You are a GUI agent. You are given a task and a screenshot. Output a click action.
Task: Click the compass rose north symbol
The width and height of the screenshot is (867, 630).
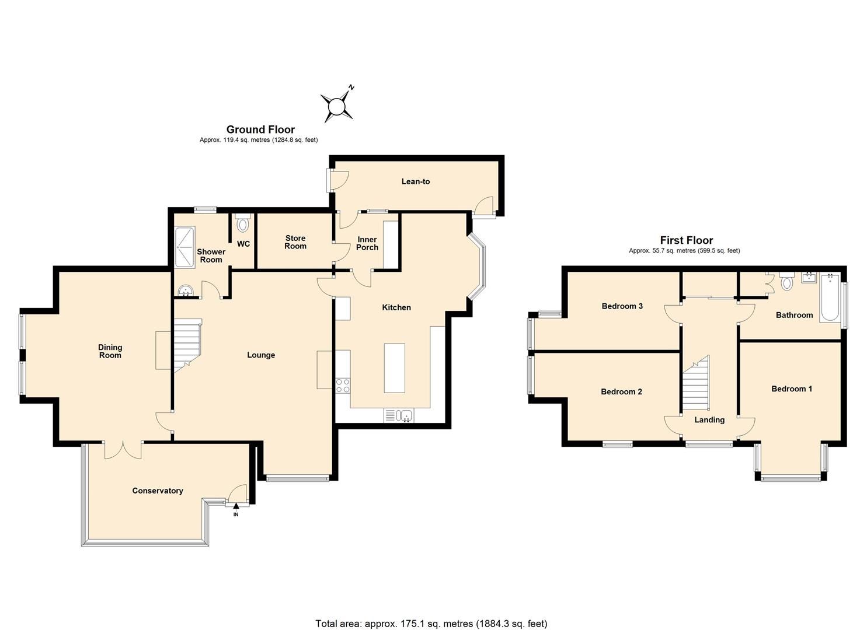(337, 106)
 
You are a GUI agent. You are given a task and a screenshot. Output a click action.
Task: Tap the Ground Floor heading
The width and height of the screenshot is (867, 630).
(260, 129)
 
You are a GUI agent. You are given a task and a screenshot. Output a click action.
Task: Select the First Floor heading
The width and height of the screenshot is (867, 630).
(686, 240)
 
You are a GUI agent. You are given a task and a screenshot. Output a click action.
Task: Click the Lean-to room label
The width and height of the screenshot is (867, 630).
(415, 181)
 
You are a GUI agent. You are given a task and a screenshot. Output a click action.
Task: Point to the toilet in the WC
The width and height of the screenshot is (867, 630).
(243, 223)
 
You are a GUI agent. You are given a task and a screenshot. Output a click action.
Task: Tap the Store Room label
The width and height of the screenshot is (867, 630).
(295, 242)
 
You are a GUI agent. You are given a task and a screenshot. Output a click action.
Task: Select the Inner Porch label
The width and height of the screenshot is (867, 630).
(367, 243)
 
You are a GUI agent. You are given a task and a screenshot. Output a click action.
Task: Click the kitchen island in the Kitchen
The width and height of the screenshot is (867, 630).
(394, 368)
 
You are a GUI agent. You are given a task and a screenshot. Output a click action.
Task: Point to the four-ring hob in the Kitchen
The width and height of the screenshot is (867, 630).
(343, 385)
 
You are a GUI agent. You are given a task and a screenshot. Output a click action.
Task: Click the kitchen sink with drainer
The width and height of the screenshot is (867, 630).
(399, 415)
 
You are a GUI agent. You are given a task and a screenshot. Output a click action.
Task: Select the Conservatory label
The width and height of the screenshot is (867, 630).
(158, 491)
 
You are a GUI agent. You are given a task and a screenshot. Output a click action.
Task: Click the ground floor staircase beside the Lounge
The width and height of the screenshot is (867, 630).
(187, 344)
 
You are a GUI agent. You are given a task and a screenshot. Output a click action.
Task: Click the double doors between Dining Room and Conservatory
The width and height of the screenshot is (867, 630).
(123, 449)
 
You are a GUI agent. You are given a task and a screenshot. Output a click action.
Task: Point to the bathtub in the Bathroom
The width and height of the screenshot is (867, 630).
(830, 298)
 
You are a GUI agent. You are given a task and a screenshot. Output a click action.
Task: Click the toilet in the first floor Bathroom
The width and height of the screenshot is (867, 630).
(787, 282)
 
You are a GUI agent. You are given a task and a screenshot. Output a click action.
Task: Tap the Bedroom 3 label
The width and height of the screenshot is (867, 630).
(622, 306)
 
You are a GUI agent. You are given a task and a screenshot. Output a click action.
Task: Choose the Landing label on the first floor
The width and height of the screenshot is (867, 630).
(709, 419)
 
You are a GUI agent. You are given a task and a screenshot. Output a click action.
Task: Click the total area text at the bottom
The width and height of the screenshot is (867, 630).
(431, 623)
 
